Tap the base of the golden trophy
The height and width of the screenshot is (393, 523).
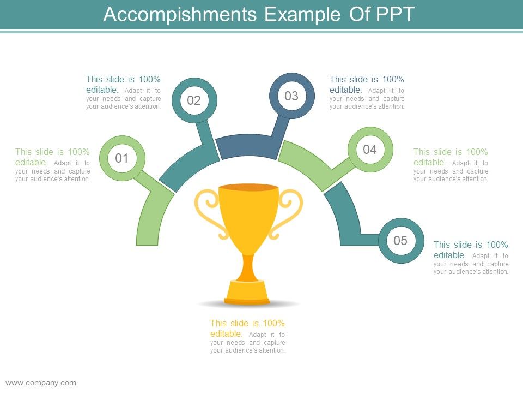[247, 293]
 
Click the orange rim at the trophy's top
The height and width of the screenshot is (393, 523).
[248, 187]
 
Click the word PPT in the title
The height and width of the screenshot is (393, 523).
[396, 14]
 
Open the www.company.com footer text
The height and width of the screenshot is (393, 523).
[41, 383]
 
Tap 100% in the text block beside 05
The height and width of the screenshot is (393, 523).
[497, 245]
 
